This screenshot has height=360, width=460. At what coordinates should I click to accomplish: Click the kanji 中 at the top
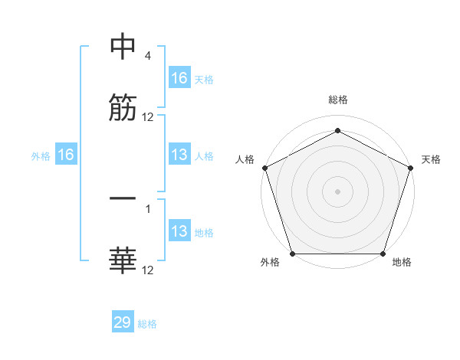click(x=123, y=47)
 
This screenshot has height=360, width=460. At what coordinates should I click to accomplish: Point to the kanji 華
click(x=123, y=260)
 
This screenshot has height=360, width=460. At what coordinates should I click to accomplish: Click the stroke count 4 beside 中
click(x=148, y=57)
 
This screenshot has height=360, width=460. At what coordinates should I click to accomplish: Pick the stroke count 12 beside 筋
click(x=148, y=117)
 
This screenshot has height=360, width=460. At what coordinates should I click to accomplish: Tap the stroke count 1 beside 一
click(x=148, y=207)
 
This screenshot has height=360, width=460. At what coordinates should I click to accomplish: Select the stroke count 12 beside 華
click(x=148, y=270)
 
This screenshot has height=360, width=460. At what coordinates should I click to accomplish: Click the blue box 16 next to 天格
click(x=179, y=78)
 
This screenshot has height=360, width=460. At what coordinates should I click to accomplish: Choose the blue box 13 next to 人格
click(x=179, y=155)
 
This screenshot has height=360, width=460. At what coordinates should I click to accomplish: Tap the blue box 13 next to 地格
click(x=179, y=231)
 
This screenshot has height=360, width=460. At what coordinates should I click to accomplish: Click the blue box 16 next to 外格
click(x=66, y=155)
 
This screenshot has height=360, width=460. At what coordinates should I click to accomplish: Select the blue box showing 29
click(x=123, y=322)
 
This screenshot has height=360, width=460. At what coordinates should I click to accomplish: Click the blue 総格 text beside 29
click(x=147, y=324)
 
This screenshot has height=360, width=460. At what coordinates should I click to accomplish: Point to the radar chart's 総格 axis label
click(x=337, y=100)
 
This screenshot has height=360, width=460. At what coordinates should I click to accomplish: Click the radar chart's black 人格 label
click(x=245, y=159)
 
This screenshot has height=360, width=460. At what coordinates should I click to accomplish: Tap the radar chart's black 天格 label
click(x=431, y=159)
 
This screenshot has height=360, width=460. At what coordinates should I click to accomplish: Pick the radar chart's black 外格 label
click(x=270, y=262)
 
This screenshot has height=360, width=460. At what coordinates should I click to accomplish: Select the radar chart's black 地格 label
click(x=402, y=262)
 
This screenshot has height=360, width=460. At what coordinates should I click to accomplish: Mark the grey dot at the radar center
click(x=337, y=191)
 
